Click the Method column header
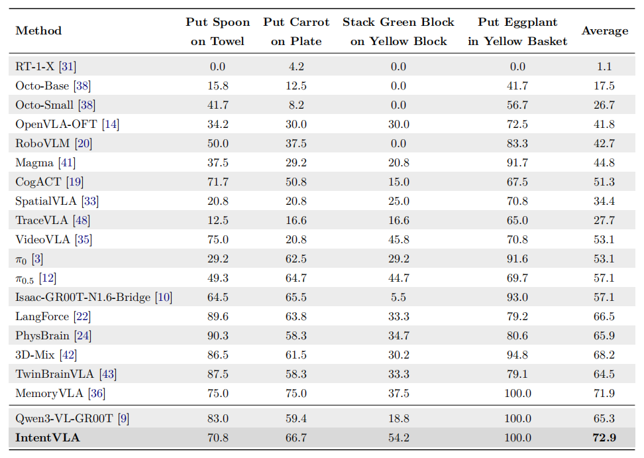coord(38,30)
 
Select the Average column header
coord(604,31)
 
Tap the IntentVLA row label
coord(48,437)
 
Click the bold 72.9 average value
coord(604,437)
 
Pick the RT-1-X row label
coord(34,66)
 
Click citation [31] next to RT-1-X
coord(68,66)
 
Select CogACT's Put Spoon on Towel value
coord(218,182)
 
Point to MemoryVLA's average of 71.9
coord(604,394)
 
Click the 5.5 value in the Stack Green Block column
coord(398,298)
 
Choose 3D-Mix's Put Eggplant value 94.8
coord(517,355)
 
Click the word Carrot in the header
coord(308,22)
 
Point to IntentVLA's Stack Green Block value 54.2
coord(398,437)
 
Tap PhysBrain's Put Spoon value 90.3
coord(218,335)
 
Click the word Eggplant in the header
coord(531,23)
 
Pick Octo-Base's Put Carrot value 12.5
coord(296,86)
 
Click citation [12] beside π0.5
coord(48,278)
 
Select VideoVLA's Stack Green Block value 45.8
coord(398,239)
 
